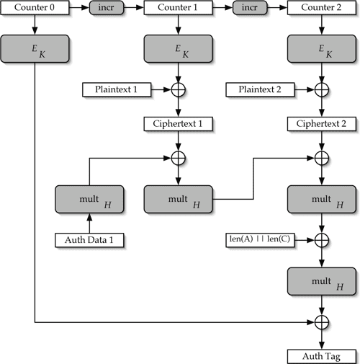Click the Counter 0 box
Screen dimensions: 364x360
pos(35,9)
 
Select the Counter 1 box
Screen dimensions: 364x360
pos(178,9)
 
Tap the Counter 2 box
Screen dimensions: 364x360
pos(320,9)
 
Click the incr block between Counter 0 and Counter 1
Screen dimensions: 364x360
pos(107,9)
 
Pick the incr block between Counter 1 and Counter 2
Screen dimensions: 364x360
pos(249,9)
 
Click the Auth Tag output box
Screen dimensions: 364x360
pos(320,355)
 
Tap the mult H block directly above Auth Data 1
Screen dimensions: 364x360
pos(89,198)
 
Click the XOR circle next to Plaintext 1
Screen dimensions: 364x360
pos(178,91)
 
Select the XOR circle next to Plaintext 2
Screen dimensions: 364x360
pos(320,91)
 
